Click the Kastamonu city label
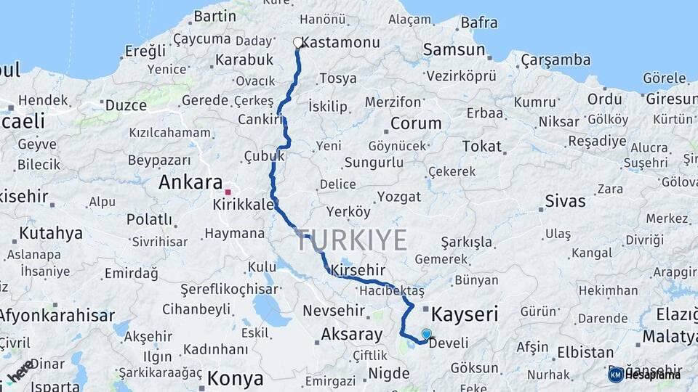[340, 43]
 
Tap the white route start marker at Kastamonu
[297, 43]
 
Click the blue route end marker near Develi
[426, 335]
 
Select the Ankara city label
[190, 182]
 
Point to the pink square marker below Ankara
[228, 192]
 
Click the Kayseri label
[465, 314]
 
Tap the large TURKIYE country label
[351, 240]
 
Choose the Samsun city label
[454, 50]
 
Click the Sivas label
[565, 201]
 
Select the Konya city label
[235, 378]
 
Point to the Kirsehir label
[357, 270]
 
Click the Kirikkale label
[244, 205]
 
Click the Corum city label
[416, 123]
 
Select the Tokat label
[482, 147]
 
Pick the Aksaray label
[351, 335]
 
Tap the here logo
[20, 370]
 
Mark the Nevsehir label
[333, 310]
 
